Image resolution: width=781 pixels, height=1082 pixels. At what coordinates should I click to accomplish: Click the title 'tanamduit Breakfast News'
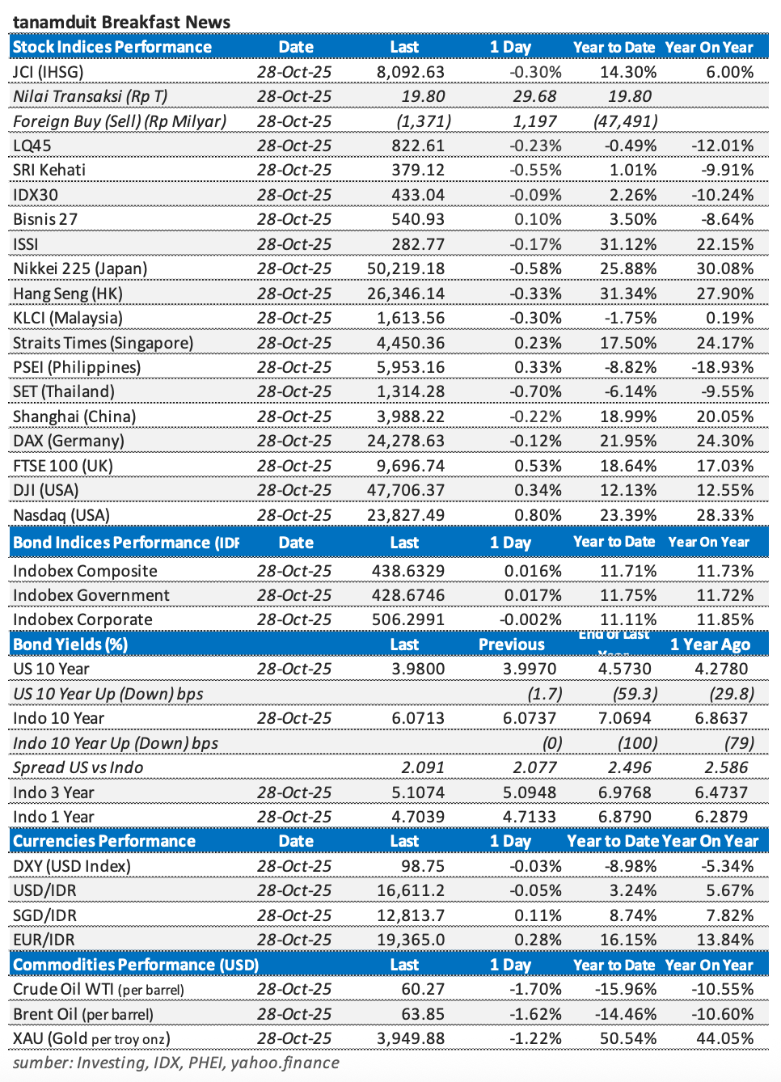point(121,22)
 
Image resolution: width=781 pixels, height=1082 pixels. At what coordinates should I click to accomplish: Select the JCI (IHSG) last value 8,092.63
point(411,72)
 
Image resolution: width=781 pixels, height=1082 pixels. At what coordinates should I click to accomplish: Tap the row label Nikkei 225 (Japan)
point(80,268)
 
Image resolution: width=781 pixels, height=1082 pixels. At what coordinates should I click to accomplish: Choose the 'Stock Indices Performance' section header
point(112,47)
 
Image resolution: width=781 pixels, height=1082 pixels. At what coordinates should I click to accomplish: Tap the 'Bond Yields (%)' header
point(70,645)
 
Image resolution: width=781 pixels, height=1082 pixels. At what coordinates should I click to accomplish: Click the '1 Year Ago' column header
point(710,645)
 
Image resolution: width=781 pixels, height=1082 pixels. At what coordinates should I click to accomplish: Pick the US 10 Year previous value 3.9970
point(530,669)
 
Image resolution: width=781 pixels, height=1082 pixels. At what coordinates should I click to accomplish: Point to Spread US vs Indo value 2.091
point(423,767)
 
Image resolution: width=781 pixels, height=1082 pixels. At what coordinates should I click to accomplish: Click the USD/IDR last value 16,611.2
point(411,890)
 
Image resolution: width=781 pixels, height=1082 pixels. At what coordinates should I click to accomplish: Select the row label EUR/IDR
point(44,940)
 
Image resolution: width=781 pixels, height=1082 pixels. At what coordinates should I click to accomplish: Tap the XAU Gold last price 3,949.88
point(411,1038)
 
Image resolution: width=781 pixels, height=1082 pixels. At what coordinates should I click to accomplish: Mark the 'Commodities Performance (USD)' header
point(136,965)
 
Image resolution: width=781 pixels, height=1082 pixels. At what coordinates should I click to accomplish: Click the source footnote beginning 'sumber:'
point(176,1063)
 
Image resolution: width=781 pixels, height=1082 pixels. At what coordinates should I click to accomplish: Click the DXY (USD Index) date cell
point(294,866)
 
